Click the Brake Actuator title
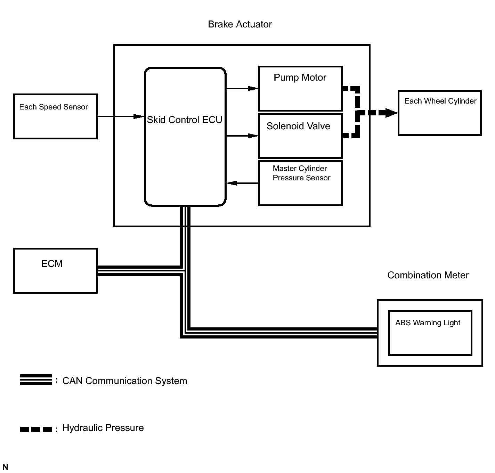[240, 24]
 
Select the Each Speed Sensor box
[55, 116]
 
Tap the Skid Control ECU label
[185, 120]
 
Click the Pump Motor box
[300, 88]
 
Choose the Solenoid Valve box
[300, 136]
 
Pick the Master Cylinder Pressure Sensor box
[300, 183]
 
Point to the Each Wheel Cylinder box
[439, 113]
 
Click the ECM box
[55, 271]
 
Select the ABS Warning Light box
[430, 333]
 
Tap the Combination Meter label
[428, 275]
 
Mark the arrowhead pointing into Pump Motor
[253, 89]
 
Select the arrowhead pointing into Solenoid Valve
[253, 136]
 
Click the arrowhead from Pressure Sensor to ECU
[232, 183]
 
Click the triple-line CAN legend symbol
[36, 380]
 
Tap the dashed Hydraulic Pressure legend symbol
[36, 429]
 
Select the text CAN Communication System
[124, 381]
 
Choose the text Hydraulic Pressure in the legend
[103, 428]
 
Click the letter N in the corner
[5, 467]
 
